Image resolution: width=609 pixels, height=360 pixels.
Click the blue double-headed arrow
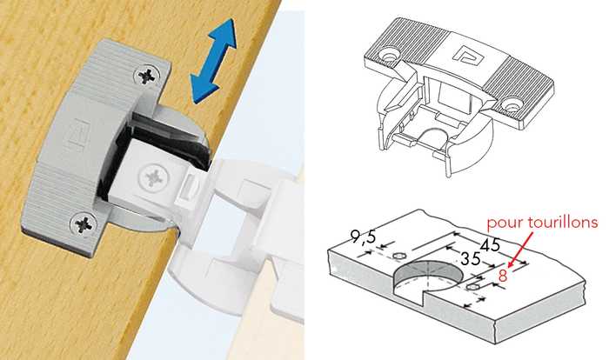(213, 62)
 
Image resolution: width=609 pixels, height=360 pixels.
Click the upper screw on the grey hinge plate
(146, 76)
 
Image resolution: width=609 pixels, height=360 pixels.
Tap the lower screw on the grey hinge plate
(83, 224)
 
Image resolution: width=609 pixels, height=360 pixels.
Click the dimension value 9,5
(363, 237)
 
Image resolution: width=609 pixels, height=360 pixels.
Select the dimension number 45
(491, 245)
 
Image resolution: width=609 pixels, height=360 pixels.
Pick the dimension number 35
(471, 258)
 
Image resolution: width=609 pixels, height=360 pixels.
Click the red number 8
(503, 276)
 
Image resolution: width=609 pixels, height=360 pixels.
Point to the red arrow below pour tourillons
(521, 250)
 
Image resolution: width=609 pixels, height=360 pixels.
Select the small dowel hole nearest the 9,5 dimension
(399, 256)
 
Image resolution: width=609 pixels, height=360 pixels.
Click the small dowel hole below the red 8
(472, 287)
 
